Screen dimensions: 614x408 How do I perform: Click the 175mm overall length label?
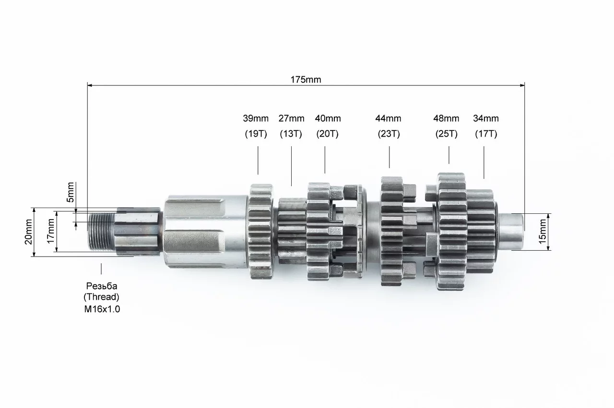(x=306, y=80)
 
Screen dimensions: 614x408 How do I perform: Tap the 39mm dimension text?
(x=256, y=118)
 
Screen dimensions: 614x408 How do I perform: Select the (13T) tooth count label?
(x=291, y=134)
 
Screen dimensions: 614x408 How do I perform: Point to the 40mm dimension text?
(x=328, y=118)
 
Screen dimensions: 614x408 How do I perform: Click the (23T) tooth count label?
(x=389, y=134)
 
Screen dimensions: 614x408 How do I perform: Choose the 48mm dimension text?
(x=446, y=118)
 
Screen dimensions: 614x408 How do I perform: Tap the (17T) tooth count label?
(x=486, y=134)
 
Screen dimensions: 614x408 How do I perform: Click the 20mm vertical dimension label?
(x=28, y=232)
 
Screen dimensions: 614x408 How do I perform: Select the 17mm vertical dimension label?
(x=51, y=231)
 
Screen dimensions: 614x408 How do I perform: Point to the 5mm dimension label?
(x=71, y=192)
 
